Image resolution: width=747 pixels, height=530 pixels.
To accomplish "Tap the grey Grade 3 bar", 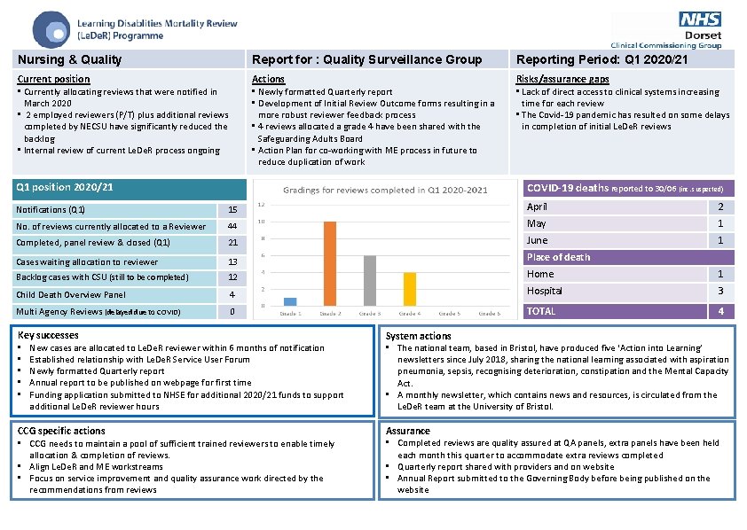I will pyautogui.click(x=370, y=281).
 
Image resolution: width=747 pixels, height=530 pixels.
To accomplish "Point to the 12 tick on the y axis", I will pyautogui.click(x=261, y=205).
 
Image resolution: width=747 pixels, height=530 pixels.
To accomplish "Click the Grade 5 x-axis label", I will pyautogui.click(x=449, y=314).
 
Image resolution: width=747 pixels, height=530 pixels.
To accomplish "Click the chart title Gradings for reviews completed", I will pyautogui.click(x=385, y=191).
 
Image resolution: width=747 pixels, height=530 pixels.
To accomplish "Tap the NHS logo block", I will pyautogui.click(x=700, y=19).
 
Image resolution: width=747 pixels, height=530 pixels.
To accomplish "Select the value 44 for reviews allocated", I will pyautogui.click(x=232, y=227).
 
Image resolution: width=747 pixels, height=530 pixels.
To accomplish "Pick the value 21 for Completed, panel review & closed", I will pyautogui.click(x=232, y=243).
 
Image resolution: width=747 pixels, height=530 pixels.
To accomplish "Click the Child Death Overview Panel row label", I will pyautogui.click(x=71, y=294).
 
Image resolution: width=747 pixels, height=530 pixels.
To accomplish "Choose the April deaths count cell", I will pyautogui.click(x=720, y=207).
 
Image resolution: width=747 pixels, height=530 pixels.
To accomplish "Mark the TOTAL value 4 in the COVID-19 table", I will pyautogui.click(x=720, y=311).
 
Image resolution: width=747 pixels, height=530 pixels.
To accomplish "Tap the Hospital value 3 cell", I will pyautogui.click(x=720, y=291).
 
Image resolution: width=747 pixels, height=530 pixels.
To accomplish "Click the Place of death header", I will pyautogui.click(x=558, y=257).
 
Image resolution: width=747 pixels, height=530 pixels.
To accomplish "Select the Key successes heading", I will pyautogui.click(x=48, y=335).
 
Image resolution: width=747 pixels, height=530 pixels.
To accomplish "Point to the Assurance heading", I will pyautogui.click(x=408, y=431).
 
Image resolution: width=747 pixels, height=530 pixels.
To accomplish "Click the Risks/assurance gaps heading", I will pyautogui.click(x=562, y=79).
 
